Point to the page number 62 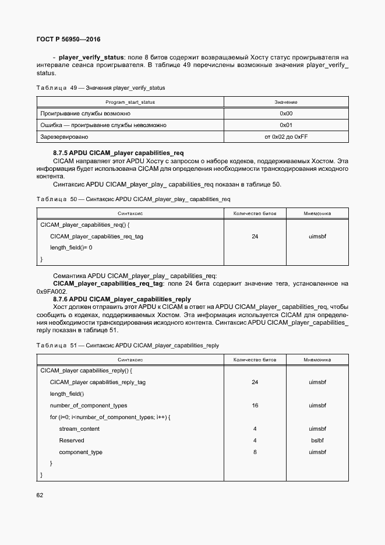point(40,495)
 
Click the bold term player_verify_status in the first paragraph point(91,57)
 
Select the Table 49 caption point(101,88)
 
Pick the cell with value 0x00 point(286,114)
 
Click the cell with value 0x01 point(286,125)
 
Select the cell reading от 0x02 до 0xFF point(286,137)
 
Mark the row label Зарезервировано point(64,137)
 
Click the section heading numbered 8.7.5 point(118,153)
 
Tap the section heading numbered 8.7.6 point(122,299)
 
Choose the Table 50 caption point(133,199)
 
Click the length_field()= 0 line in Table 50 point(71,248)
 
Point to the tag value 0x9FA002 point(52,291)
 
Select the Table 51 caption point(128,346)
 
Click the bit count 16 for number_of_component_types point(255,406)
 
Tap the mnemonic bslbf point(317,441)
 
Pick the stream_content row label point(79,429)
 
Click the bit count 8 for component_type point(255,452)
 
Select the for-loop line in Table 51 point(110,417)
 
